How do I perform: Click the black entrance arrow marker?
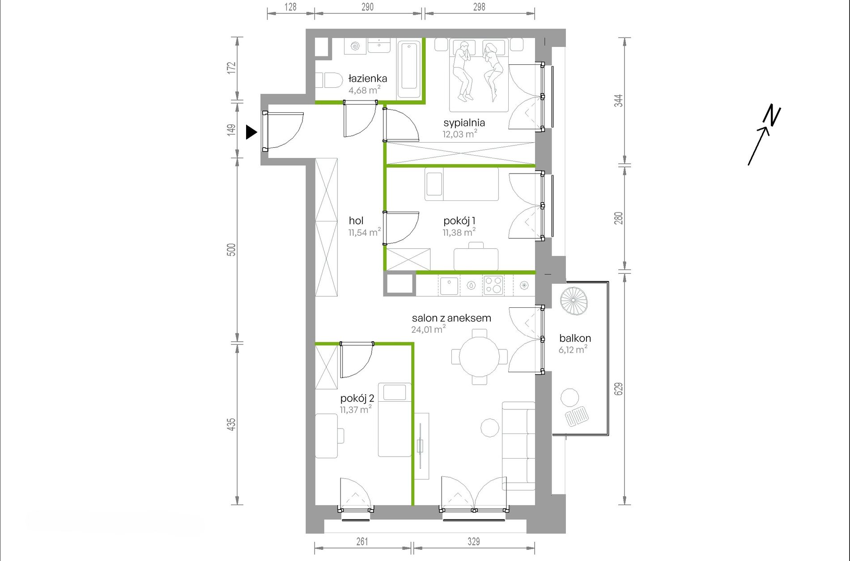click(251, 132)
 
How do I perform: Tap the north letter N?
click(772, 115)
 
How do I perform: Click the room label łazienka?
click(368, 79)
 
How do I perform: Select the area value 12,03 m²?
click(460, 134)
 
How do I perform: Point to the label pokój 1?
click(459, 221)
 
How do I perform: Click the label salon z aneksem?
click(451, 318)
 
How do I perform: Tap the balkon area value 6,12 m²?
click(573, 349)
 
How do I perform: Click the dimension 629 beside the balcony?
click(618, 389)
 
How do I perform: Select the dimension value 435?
click(231, 424)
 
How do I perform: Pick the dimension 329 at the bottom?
click(474, 541)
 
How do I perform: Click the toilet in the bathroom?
click(329, 81)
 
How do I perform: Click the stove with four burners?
click(493, 285)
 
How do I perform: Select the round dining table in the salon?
click(480, 357)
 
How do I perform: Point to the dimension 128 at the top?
click(290, 7)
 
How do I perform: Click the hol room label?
click(356, 221)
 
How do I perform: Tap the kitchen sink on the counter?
click(449, 285)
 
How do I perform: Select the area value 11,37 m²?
click(356, 409)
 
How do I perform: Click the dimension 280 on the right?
click(618, 218)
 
